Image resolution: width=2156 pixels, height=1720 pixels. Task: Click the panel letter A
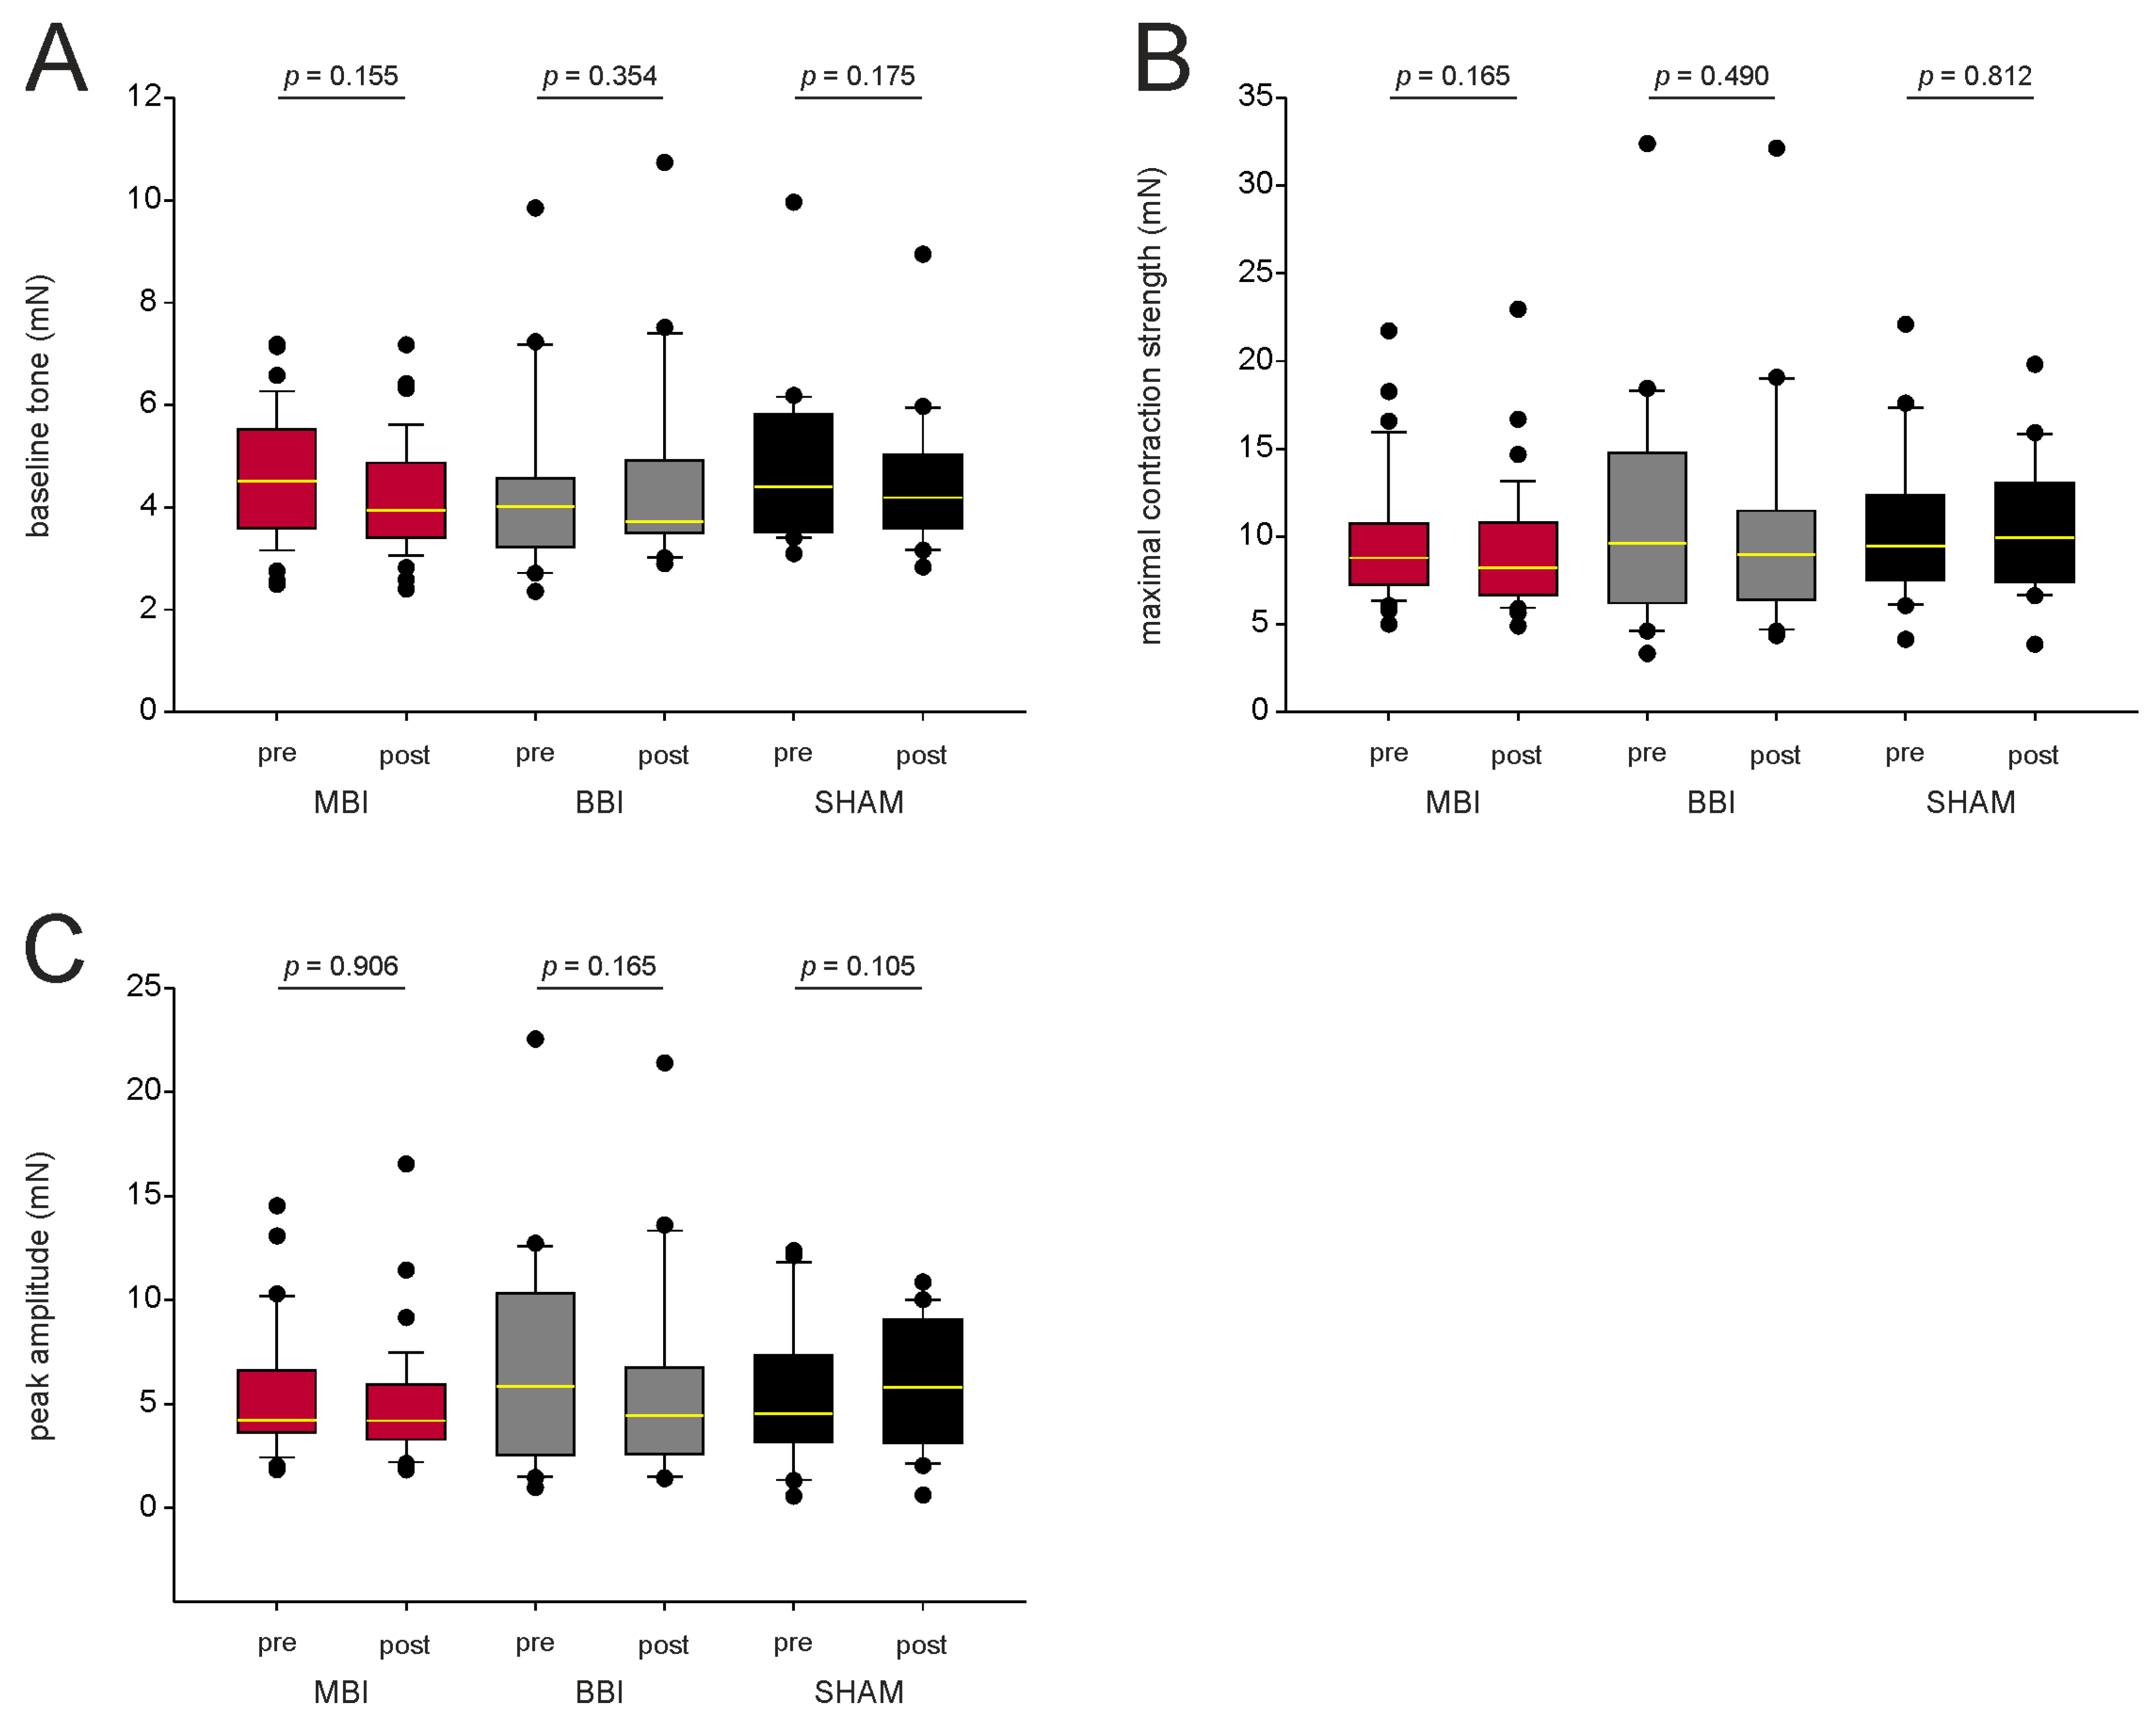pos(56,58)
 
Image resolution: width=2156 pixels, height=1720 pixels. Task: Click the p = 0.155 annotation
pos(341,76)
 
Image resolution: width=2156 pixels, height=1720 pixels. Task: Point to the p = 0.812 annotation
pos(1975,76)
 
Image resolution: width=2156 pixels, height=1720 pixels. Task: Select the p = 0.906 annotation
pos(341,966)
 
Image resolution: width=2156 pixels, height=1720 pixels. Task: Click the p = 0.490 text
pos(1711,76)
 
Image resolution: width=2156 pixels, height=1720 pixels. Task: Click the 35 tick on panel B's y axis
pos(1256,96)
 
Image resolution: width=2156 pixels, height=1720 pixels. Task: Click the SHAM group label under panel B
pos(1970,802)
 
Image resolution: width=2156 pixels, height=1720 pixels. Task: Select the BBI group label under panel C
pos(599,1692)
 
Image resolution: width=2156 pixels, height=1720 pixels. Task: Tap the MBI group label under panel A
pos(341,802)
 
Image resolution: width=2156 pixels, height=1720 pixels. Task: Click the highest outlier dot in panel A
pos(664,162)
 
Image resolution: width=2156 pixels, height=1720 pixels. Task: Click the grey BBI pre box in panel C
pos(535,1374)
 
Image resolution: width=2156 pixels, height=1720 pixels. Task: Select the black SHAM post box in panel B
pos(2034,532)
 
